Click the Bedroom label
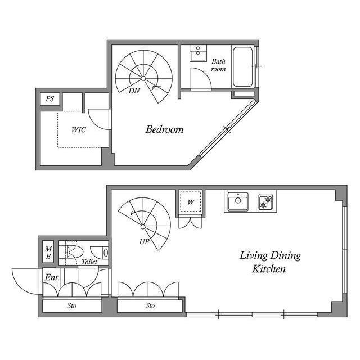164,129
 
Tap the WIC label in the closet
78,129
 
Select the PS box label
50,100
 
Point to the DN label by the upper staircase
134,91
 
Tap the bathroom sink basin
198,55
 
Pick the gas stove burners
265,201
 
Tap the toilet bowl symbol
72,251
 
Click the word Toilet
89,262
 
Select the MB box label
48,253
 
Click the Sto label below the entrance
71,306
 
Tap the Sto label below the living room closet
150,306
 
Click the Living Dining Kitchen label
270,262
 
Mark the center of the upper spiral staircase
143,77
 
